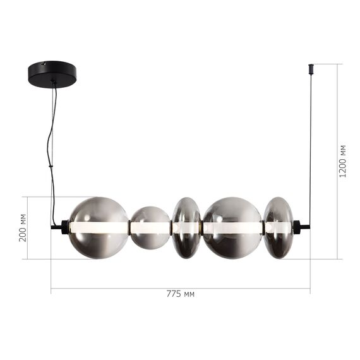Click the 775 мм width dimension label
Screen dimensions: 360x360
tap(180, 294)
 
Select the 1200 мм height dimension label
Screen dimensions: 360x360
tap(343, 160)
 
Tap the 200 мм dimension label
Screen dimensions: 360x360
tap(23, 227)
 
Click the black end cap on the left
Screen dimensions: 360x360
tap(61, 227)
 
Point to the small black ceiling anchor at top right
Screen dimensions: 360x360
tap(311, 67)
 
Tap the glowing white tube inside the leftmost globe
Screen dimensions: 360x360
tap(98, 226)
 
